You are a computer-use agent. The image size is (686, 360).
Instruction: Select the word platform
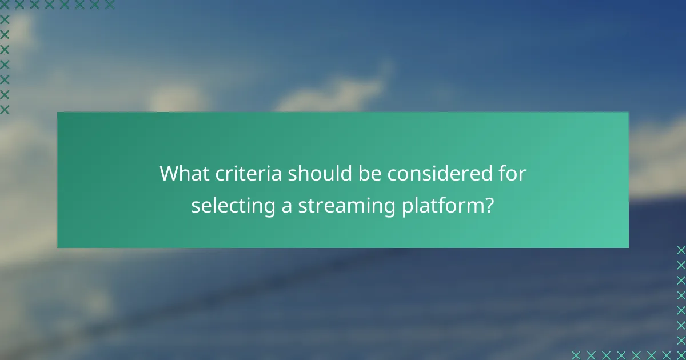[x=439, y=206]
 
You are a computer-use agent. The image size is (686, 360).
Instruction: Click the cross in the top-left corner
[x=5, y=5]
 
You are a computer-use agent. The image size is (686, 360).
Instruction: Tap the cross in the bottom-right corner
[x=680, y=355]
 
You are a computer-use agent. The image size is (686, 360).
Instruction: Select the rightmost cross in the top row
[x=110, y=5]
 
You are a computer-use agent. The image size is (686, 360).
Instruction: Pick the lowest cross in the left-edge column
[x=5, y=109]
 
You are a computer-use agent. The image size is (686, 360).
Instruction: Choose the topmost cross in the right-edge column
[x=680, y=250]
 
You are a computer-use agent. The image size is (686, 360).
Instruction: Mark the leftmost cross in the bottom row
[x=576, y=355]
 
